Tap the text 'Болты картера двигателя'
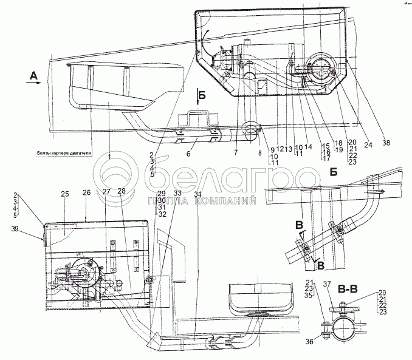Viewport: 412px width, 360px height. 62,154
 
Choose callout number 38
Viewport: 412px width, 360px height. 387,144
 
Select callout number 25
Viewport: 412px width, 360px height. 65,193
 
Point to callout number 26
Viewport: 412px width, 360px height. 86,193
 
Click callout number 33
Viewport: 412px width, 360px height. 178,193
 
